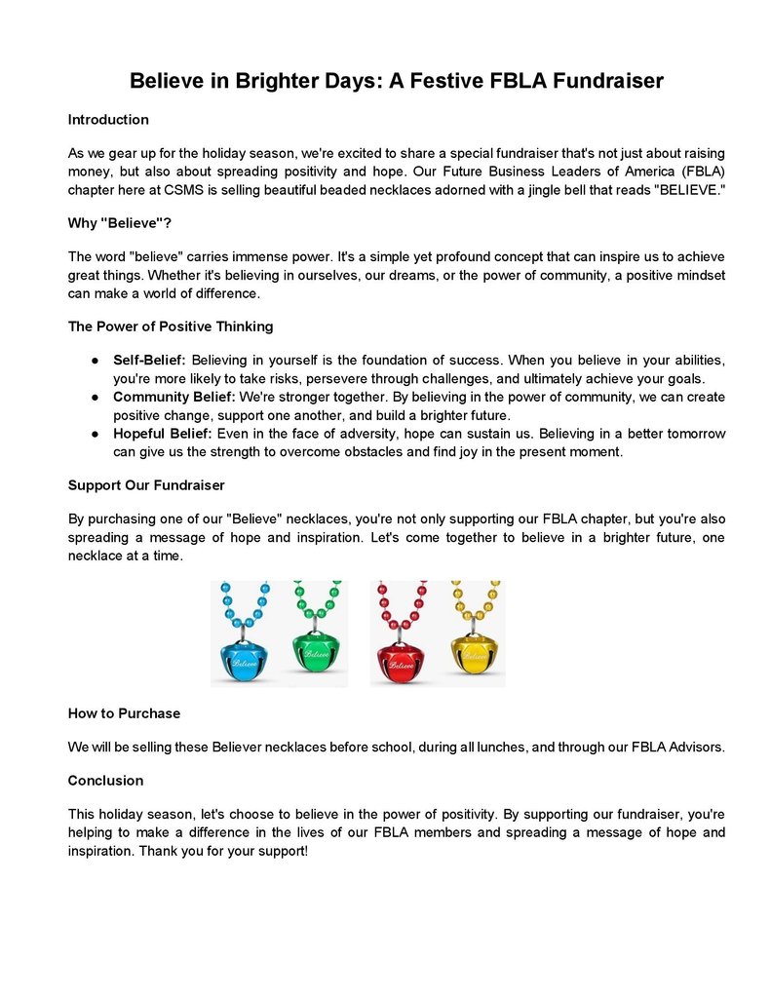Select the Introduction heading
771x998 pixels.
(108, 120)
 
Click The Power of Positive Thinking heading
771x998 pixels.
(171, 326)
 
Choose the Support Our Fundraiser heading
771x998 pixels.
(146, 484)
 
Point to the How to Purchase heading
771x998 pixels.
(124, 713)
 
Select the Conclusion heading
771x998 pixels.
(105, 781)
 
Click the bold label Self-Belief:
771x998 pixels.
(150, 361)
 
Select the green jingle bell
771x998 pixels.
(317, 652)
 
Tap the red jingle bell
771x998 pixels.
(398, 658)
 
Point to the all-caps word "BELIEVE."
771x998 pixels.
(689, 190)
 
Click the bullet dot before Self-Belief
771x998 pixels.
(96, 361)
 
